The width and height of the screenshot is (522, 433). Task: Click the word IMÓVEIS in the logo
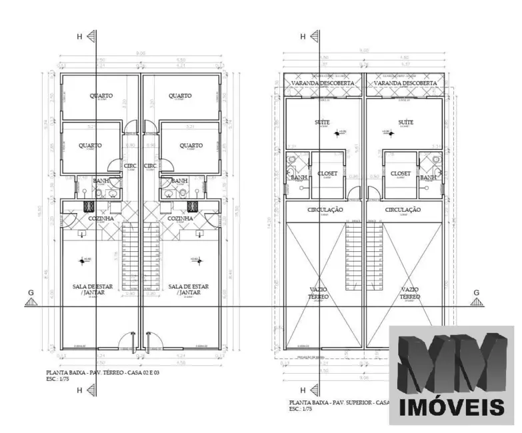[451, 407]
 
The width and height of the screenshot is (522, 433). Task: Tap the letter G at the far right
[476, 292]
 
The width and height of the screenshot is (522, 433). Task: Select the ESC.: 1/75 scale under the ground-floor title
[59, 380]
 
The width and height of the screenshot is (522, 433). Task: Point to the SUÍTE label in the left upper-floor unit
[322, 123]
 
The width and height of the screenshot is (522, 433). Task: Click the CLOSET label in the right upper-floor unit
[401, 173]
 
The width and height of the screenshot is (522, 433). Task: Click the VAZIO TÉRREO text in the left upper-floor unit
[319, 293]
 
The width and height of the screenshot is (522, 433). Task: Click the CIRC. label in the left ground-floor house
[131, 166]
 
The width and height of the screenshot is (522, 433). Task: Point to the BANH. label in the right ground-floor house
[179, 181]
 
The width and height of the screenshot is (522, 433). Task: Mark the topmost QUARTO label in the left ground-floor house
[101, 96]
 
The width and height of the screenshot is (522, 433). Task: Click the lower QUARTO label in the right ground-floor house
[191, 145]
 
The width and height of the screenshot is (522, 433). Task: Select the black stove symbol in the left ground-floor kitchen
[87, 206]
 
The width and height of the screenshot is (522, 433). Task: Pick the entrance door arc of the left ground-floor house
[127, 342]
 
